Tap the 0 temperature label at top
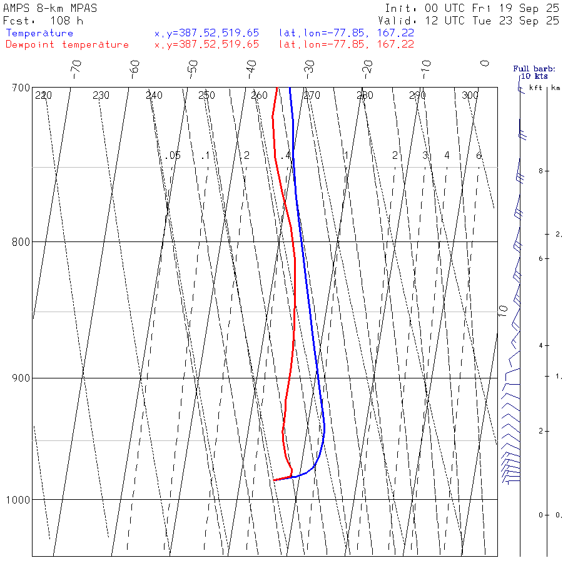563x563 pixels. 484,63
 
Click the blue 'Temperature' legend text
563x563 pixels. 39,33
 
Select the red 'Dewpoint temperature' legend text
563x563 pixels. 67,44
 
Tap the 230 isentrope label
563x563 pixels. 101,96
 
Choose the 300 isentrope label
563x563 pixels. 470,96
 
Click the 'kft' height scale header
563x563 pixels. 535,88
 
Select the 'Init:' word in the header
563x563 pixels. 402,9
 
